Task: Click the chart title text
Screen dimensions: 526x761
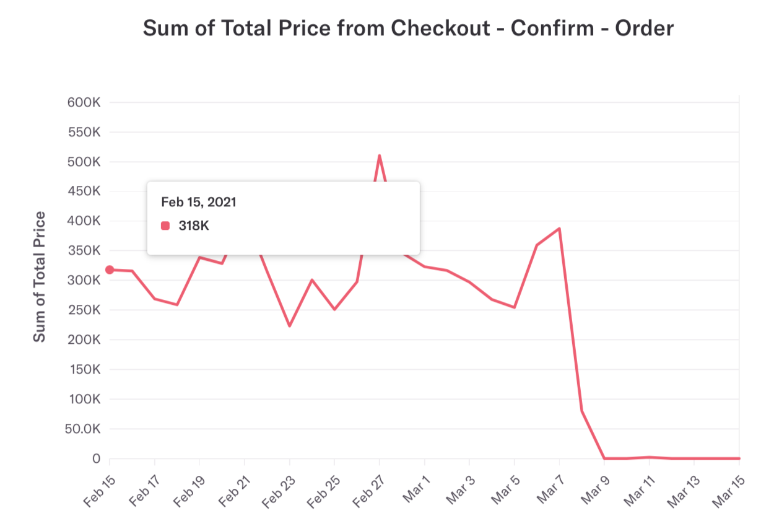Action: pyautogui.click(x=408, y=28)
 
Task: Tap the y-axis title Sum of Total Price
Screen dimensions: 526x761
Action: pyautogui.click(x=40, y=276)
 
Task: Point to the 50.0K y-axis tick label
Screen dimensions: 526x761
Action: pyautogui.click(x=82, y=429)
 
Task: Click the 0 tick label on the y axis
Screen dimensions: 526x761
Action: pyautogui.click(x=96, y=459)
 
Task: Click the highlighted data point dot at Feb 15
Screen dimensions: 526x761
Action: pyautogui.click(x=110, y=270)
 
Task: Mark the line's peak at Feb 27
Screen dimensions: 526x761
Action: pyautogui.click(x=379, y=156)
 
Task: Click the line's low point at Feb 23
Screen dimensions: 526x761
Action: pyautogui.click(x=289, y=326)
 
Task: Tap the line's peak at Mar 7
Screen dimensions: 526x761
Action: pyautogui.click(x=559, y=229)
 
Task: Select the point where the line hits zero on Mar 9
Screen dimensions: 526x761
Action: pyautogui.click(x=604, y=458)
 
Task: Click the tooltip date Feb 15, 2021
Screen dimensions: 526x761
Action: pyautogui.click(x=199, y=202)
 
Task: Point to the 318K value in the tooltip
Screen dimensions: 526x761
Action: pyautogui.click(x=194, y=226)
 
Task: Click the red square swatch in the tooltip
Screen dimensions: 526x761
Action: pyautogui.click(x=165, y=226)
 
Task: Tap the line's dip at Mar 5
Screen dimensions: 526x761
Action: pyautogui.click(x=515, y=307)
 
